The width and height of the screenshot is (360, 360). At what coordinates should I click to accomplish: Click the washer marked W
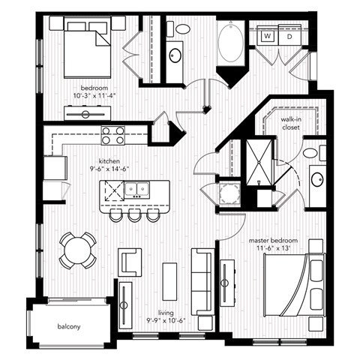(267, 35)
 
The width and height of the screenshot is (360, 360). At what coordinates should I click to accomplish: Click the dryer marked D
(288, 35)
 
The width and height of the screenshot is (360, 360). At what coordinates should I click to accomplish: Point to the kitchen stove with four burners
(113, 135)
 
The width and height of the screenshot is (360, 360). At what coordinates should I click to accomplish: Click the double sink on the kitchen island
(136, 191)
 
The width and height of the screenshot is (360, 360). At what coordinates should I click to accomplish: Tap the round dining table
(78, 250)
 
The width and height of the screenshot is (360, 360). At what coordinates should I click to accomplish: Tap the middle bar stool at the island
(134, 215)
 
